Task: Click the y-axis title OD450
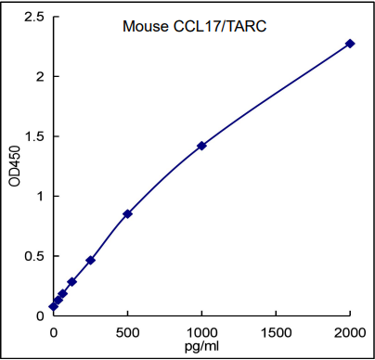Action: pyautogui.click(x=14, y=166)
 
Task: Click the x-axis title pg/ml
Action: pyautogui.click(x=201, y=346)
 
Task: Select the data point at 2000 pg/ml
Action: pyautogui.click(x=350, y=44)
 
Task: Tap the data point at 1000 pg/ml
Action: pyautogui.click(x=201, y=146)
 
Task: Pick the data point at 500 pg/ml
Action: pyautogui.click(x=127, y=213)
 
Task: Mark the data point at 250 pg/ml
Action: pyautogui.click(x=90, y=260)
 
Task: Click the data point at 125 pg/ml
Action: pyautogui.click(x=71, y=281)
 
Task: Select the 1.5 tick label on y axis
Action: pyautogui.click(x=34, y=136)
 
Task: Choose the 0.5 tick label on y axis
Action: pyautogui.click(x=34, y=256)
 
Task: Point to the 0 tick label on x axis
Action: pyautogui.click(x=53, y=331)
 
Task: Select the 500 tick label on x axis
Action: pyautogui.click(x=127, y=331)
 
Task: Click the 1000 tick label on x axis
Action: pyautogui.click(x=201, y=331)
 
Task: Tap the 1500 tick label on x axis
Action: pyautogui.click(x=276, y=331)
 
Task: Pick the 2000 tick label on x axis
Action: pyautogui.click(x=350, y=331)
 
